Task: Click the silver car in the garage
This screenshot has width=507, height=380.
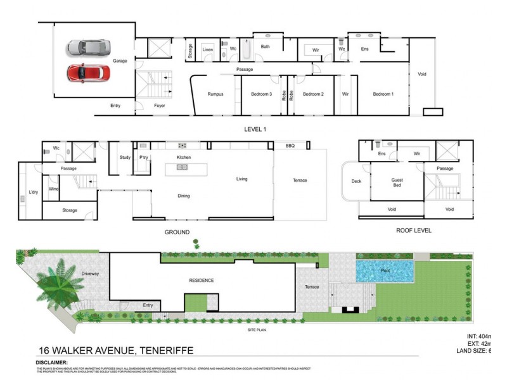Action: pos(89,48)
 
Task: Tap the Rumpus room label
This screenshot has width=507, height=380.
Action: pos(215,94)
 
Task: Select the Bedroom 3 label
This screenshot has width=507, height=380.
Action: pos(261,94)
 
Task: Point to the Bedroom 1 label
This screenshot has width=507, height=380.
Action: pos(382,94)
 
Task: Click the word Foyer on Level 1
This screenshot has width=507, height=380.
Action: pos(160,106)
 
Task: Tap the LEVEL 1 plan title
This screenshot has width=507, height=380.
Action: pos(255,129)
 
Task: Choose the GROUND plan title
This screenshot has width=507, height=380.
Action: pos(177,232)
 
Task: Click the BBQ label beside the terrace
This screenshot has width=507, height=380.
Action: pos(290,146)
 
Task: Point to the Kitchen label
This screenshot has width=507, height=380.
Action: pos(184,157)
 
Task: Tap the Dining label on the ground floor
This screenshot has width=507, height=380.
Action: pos(184,196)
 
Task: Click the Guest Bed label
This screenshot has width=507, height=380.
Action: pos(396,182)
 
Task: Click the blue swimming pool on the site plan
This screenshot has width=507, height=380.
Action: pos(385,271)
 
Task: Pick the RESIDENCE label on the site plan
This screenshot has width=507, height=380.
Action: pos(202,281)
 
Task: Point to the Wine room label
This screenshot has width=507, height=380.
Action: pos(54,189)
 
